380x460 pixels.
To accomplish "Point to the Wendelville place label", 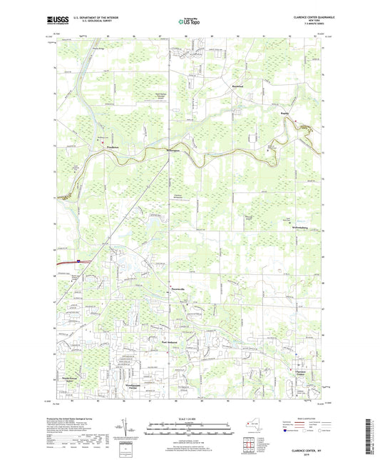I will (174, 151).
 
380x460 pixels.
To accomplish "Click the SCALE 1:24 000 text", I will (190, 419).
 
